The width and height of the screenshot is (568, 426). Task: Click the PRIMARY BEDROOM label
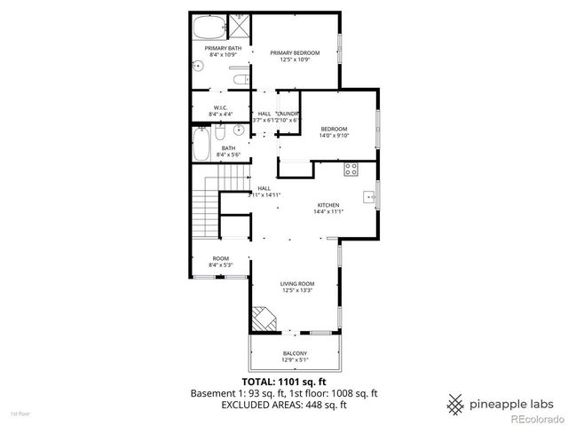[295, 52]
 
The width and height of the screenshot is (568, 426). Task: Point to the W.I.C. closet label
[221, 108]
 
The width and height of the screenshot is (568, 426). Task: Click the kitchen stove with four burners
[351, 167]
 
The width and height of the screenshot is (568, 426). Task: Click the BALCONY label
[295, 354]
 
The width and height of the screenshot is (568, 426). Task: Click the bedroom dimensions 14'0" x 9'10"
[335, 135]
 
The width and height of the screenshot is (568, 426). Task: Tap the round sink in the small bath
[239, 130]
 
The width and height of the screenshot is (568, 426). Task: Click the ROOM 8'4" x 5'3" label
[220, 261]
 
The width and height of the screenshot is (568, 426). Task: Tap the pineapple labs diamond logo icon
[456, 402]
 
